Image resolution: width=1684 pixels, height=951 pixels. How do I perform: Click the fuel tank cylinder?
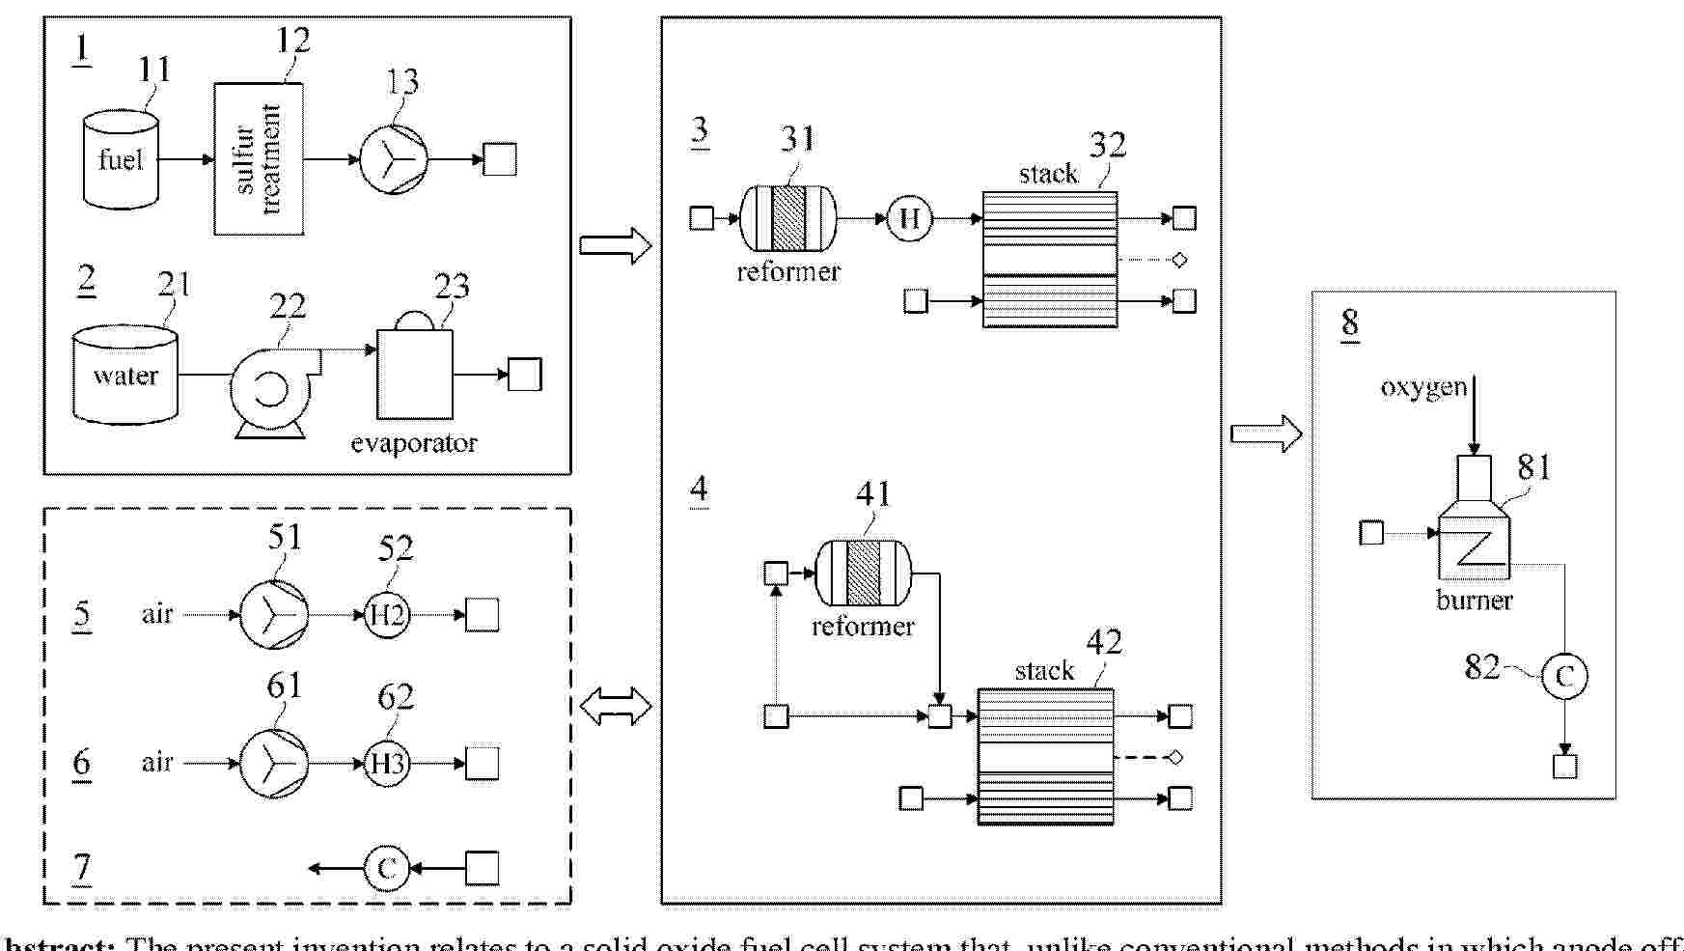(121, 159)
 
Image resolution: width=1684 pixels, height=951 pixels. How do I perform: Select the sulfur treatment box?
(259, 159)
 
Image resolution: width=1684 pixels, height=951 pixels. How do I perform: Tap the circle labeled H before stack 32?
(909, 218)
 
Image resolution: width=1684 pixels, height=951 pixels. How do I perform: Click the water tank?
(125, 375)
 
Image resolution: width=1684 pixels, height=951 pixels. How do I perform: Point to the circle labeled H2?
(387, 614)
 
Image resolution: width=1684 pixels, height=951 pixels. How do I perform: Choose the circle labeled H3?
(387, 764)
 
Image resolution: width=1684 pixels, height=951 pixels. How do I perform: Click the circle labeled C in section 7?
(387, 868)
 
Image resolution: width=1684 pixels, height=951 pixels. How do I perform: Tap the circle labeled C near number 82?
(1564, 676)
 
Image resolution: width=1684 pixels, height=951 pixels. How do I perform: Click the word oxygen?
(1422, 387)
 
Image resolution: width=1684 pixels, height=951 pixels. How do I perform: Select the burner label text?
(1474, 601)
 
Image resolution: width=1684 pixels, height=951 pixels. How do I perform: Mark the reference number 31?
(797, 139)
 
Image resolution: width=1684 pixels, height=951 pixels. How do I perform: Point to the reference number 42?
(1104, 642)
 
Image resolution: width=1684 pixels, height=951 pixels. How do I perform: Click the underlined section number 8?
(1350, 322)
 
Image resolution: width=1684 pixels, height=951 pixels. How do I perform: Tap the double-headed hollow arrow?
(616, 707)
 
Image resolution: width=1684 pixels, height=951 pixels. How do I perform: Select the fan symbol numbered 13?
(394, 159)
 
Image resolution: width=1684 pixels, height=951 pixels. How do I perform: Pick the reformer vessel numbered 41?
(863, 573)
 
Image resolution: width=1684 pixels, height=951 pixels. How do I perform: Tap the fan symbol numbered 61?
(273, 764)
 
